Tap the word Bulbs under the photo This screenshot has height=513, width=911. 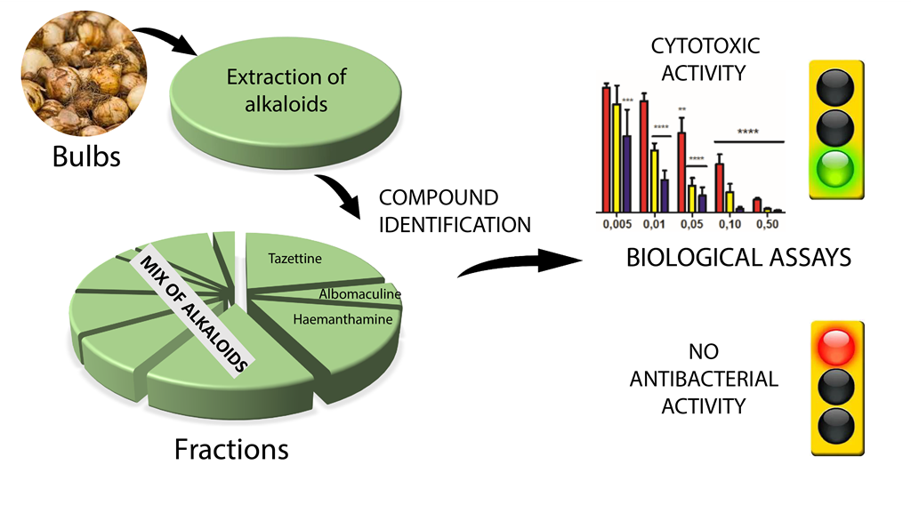[86, 158]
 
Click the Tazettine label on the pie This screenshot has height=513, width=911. [294, 259]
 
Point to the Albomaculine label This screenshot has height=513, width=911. [359, 294]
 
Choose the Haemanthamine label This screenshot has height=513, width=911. [343, 318]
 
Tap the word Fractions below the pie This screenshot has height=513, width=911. [231, 449]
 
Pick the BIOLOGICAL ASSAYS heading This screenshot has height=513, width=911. [739, 258]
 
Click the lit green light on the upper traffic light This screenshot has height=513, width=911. [835, 168]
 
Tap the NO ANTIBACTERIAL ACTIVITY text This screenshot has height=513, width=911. [704, 378]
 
